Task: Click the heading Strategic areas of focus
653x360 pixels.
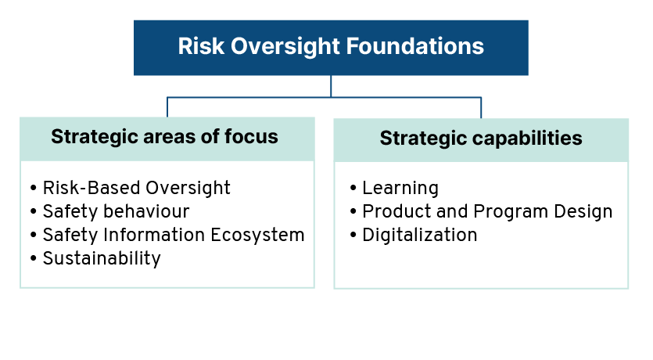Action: coord(164,137)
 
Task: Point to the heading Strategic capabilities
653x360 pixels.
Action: coord(481,139)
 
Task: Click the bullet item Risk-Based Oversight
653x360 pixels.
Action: coord(137,188)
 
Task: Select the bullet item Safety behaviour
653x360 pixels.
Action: coord(117,211)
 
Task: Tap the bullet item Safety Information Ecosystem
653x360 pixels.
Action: coord(174,235)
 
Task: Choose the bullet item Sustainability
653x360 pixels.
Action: coord(102,258)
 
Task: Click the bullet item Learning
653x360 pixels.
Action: coord(400,189)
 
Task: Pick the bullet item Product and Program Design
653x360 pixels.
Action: coord(487,211)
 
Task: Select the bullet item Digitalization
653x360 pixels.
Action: coord(420,235)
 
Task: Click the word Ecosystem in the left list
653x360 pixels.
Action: coord(257,236)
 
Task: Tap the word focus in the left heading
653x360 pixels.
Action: coord(252,137)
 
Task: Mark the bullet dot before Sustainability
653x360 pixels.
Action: coord(34,258)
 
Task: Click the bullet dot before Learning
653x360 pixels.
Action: coord(353,188)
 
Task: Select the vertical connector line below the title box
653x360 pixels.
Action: coord(331,86)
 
